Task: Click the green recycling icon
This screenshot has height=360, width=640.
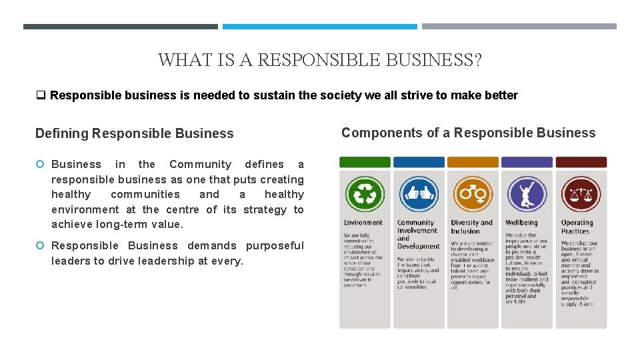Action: pyautogui.click(x=365, y=194)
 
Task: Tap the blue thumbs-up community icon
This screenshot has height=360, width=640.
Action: pyautogui.click(x=419, y=194)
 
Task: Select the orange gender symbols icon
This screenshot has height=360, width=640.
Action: pyautogui.click(x=473, y=194)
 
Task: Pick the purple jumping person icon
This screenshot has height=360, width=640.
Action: pyautogui.click(x=527, y=194)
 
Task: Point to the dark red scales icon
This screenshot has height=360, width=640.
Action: pyautogui.click(x=581, y=194)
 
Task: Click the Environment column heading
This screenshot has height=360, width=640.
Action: pyautogui.click(x=363, y=223)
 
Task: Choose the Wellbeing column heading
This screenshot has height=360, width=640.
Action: pyautogui.click(x=521, y=223)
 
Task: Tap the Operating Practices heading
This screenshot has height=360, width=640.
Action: pyautogui.click(x=577, y=227)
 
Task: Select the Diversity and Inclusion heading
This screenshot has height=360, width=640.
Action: pyautogui.click(x=471, y=227)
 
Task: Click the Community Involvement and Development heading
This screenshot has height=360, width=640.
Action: pyautogui.click(x=417, y=234)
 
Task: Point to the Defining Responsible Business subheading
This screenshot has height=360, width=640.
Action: pyautogui.click(x=135, y=133)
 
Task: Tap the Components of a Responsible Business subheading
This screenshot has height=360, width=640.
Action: pyautogui.click(x=468, y=133)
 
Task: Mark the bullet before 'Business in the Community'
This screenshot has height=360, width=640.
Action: pyautogui.click(x=40, y=165)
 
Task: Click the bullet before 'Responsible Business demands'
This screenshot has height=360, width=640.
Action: pyautogui.click(x=40, y=246)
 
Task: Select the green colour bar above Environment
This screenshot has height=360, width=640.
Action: pyautogui.click(x=365, y=162)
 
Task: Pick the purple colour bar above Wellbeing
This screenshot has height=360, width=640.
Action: pyautogui.click(x=527, y=162)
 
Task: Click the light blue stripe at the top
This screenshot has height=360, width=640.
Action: pyautogui.click(x=319, y=27)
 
